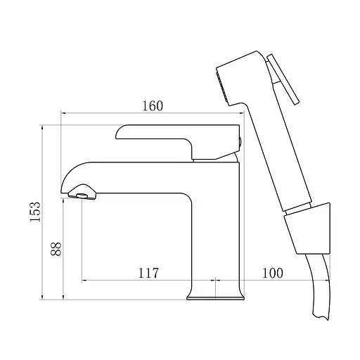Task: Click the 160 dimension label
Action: (153, 106)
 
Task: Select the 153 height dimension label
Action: (35, 212)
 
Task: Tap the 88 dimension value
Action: (56, 249)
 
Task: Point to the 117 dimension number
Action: (148, 273)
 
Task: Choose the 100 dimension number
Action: (272, 273)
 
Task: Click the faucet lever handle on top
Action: (178, 141)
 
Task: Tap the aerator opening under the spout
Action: (82, 195)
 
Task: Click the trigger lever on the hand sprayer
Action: (283, 79)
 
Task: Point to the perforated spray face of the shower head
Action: (222, 86)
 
